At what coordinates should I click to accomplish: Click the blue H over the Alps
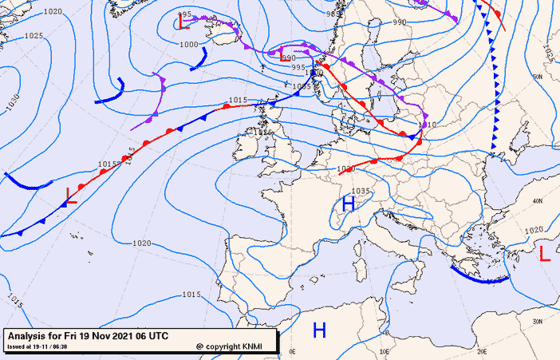coord(348,204)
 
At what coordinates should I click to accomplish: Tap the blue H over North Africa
coord(319,329)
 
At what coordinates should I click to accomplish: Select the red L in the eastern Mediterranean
coord(545,255)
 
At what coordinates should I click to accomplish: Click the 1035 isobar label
coord(361,192)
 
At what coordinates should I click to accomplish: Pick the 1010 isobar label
coord(428,125)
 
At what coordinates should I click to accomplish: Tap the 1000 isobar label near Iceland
coord(188,45)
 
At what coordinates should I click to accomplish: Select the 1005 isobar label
coord(302,85)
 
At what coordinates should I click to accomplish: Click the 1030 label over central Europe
coord(345,168)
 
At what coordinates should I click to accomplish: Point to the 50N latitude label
coord(537,77)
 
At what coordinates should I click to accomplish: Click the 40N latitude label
coord(537,200)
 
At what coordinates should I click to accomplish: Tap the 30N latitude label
coord(537,320)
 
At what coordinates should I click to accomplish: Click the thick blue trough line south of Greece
coord(479,277)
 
